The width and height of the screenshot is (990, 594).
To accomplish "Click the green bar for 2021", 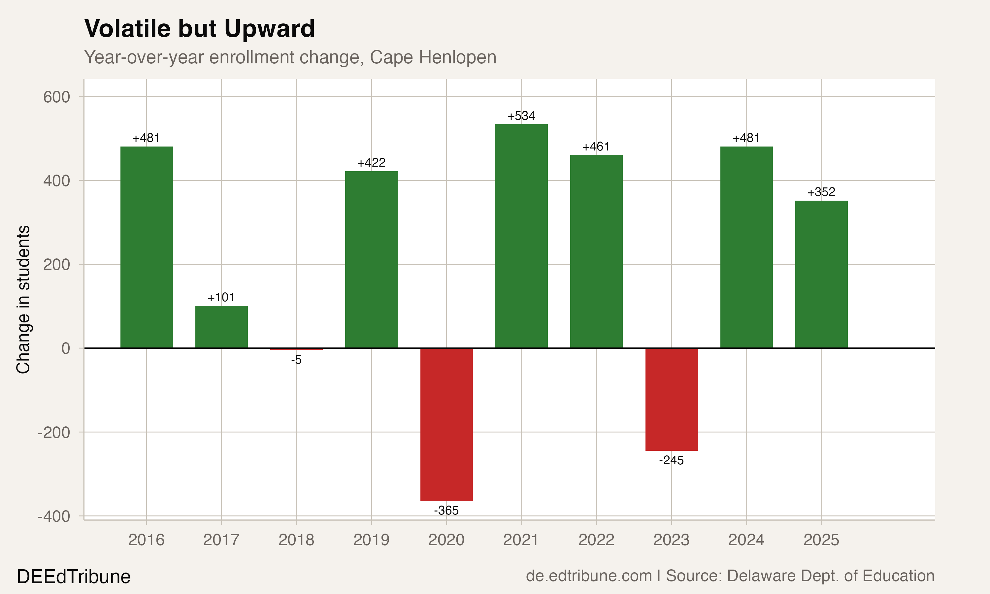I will [x=521, y=236].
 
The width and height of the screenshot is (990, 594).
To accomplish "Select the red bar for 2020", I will [x=446, y=424].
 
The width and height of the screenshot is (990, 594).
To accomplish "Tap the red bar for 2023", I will [x=672, y=400].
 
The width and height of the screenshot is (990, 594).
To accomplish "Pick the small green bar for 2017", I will [x=221, y=327].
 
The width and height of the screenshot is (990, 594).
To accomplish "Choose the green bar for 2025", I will [x=821, y=274].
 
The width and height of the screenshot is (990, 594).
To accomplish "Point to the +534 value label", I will [x=521, y=116].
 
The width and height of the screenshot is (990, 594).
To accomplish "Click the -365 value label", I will [x=446, y=510].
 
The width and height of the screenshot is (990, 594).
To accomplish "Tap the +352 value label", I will [x=821, y=192].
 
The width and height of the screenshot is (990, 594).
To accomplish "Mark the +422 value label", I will [x=371, y=162].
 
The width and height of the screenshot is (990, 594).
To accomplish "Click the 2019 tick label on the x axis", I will [x=371, y=540].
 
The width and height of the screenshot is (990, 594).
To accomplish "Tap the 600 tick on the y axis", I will [x=56, y=97].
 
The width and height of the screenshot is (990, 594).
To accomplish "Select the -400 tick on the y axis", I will [x=54, y=516].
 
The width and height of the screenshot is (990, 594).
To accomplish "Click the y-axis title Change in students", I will [x=23, y=299].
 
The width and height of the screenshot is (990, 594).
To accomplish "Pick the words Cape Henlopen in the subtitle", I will [x=433, y=57].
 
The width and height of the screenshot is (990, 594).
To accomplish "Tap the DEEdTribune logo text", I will [x=74, y=577].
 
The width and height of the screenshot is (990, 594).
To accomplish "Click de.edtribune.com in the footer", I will [x=589, y=576].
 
